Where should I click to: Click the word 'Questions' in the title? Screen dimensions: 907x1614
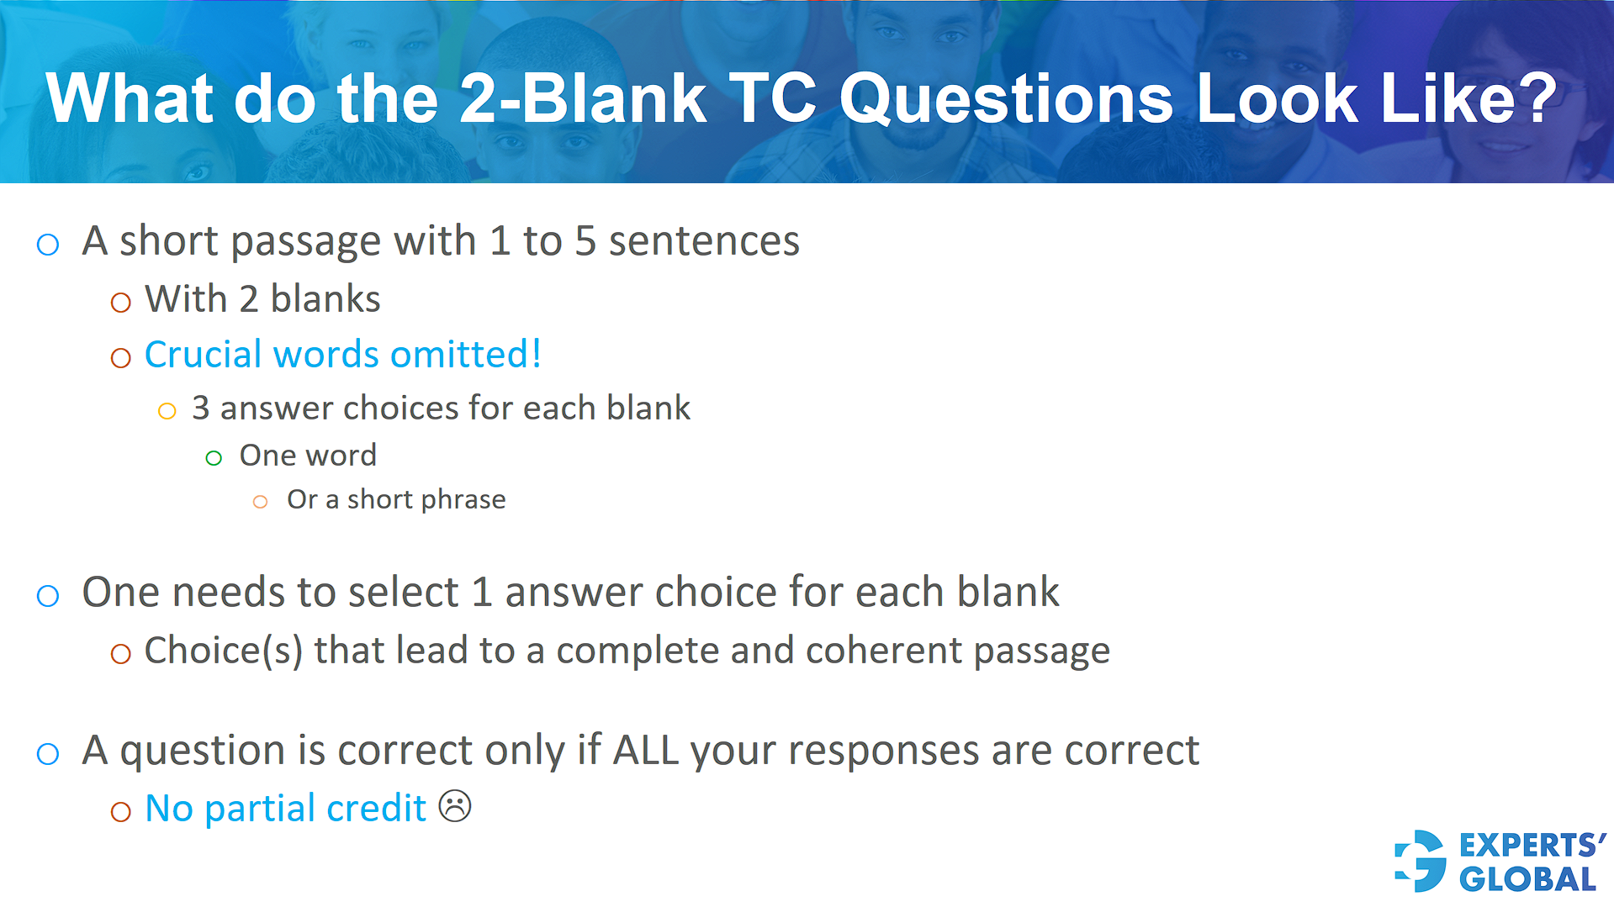(1006, 99)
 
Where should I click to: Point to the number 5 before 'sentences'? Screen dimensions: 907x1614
(585, 241)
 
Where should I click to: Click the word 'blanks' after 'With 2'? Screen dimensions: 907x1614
(325, 299)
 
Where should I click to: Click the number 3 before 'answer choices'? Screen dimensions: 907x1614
(200, 409)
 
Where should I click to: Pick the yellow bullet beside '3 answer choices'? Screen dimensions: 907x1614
(167, 411)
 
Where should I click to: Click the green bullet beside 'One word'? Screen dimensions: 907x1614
(214, 458)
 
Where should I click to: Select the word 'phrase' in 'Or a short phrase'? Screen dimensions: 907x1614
(466, 501)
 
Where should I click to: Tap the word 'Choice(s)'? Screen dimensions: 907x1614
(223, 651)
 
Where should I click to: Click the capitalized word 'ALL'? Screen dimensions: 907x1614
(645, 750)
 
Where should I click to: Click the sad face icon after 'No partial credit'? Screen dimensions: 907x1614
(455, 807)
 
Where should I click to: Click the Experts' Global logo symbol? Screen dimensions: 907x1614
(1421, 861)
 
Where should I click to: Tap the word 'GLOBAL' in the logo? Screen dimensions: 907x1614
(1527, 879)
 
